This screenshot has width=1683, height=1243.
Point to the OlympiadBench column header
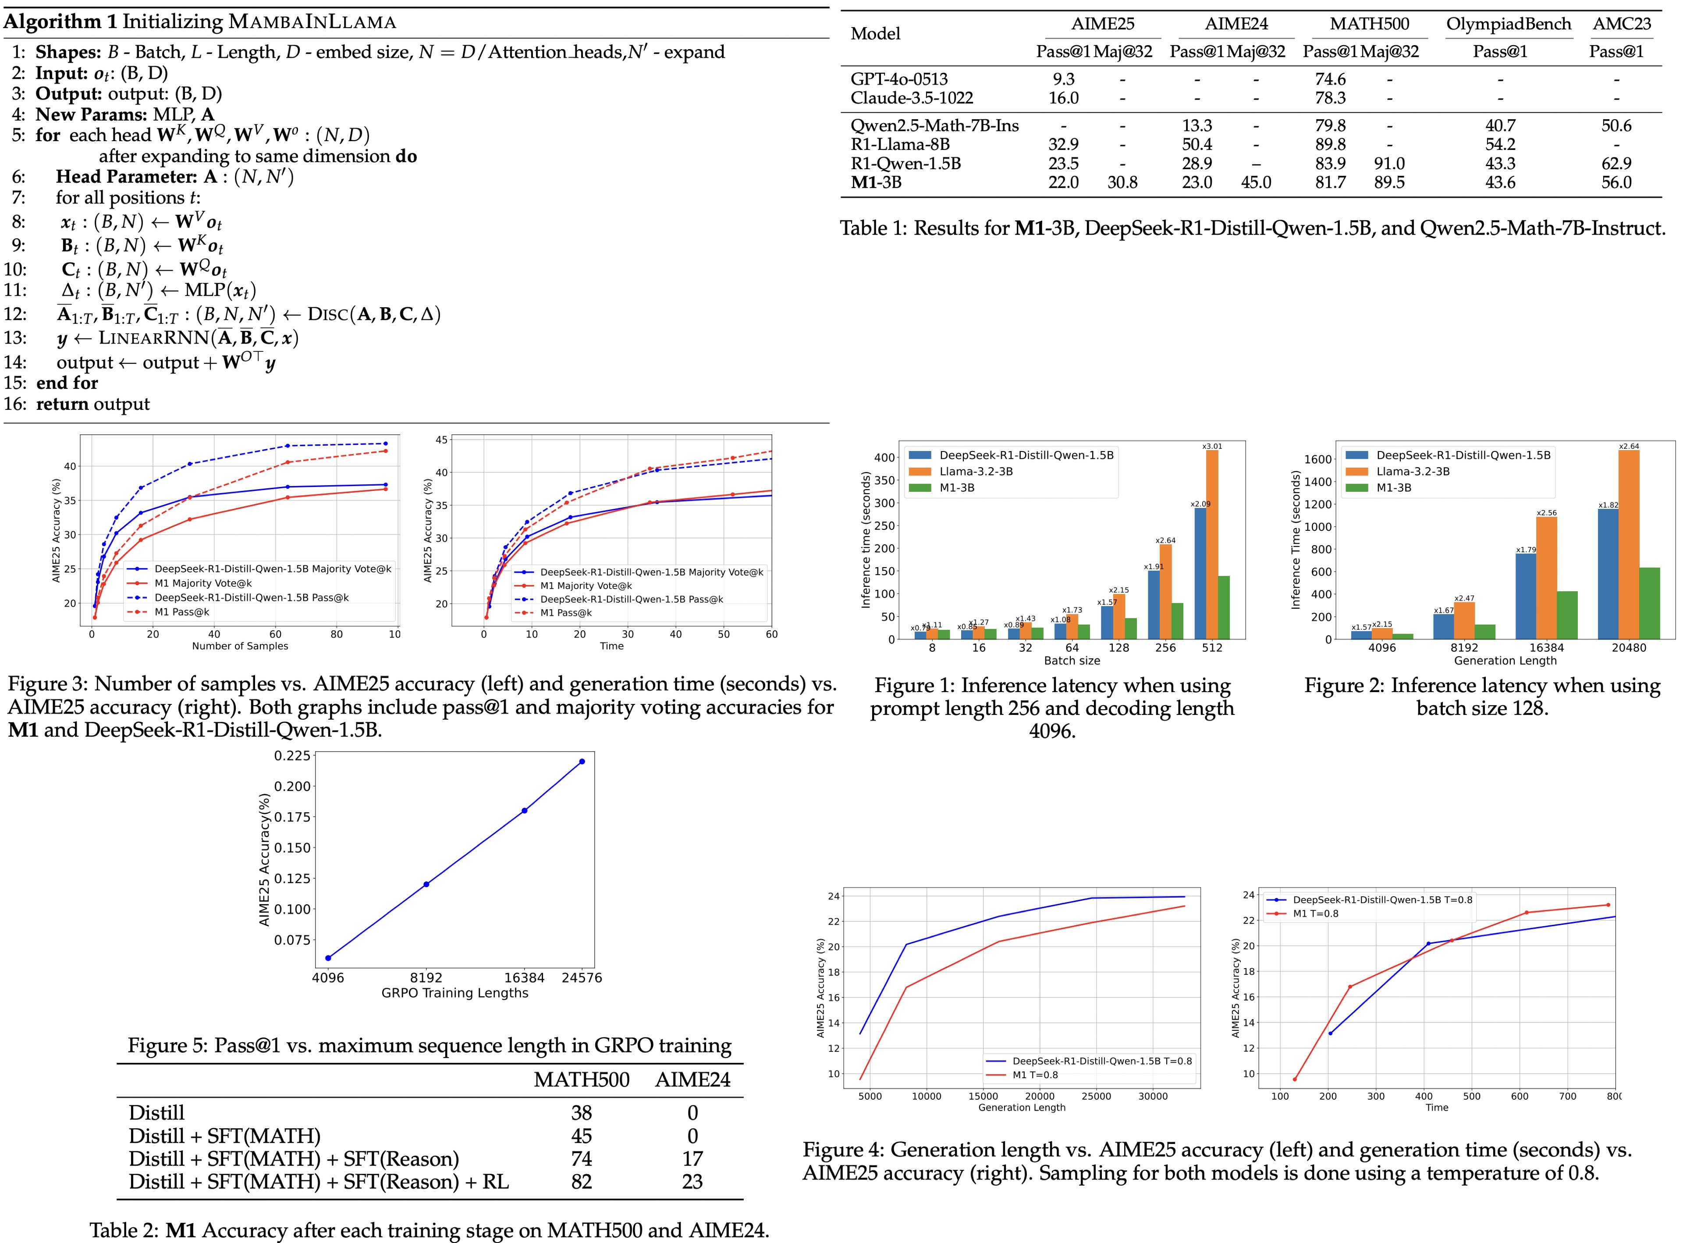point(1509,24)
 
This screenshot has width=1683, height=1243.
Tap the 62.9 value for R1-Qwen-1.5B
point(1616,164)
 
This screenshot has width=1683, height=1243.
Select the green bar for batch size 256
point(1177,621)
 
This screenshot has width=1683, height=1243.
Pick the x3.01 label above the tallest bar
point(1212,446)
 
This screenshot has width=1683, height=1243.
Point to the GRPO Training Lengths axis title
point(454,993)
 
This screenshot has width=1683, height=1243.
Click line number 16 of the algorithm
point(15,404)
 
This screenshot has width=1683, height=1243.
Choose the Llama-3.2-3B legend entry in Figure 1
point(976,472)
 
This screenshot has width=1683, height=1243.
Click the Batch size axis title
point(1071,661)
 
